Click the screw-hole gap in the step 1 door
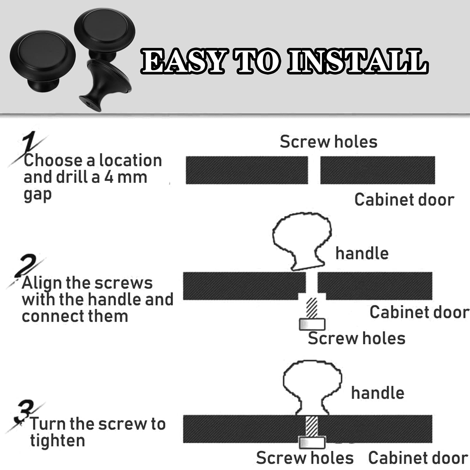(314, 170)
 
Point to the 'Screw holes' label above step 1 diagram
(328, 142)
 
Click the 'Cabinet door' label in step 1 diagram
(404, 200)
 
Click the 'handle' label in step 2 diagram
(362, 253)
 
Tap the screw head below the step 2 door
(312, 324)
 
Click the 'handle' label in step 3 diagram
(378, 393)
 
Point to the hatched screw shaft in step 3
(312, 426)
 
